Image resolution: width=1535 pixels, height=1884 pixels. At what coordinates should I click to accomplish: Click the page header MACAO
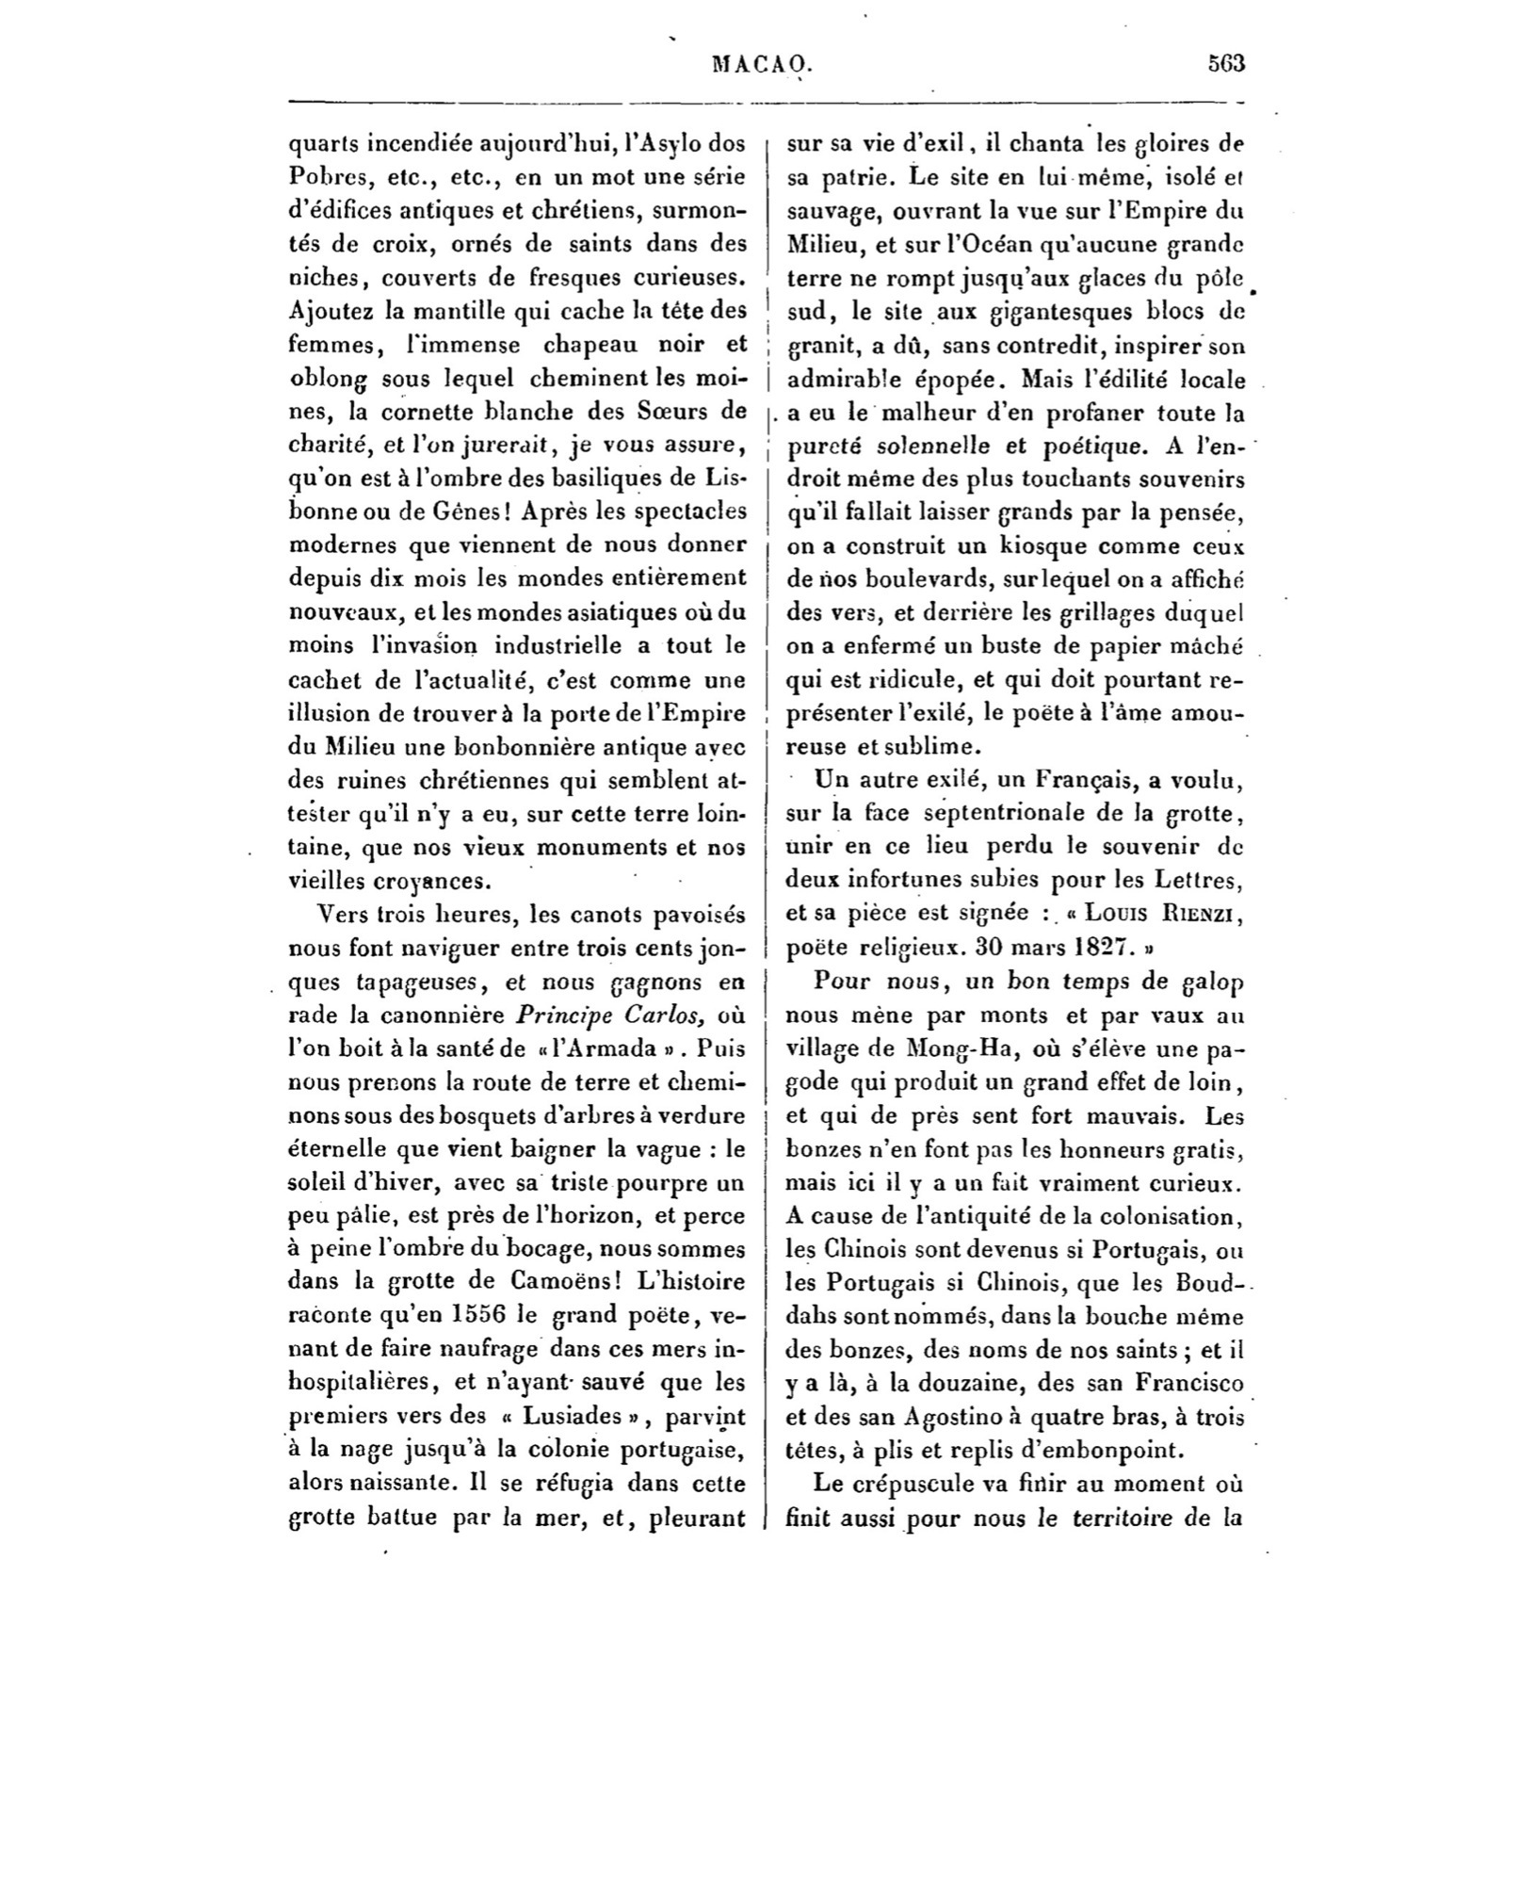click(x=762, y=63)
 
